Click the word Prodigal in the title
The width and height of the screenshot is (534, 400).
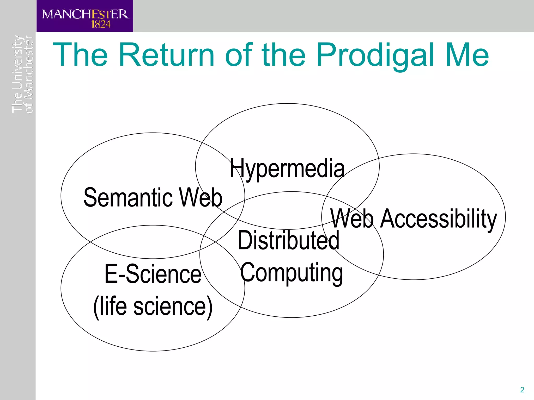coord(375,55)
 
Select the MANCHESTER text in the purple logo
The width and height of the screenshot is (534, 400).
coord(85,14)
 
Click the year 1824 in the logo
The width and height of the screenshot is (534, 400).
coord(101,24)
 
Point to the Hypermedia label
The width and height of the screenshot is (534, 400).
coord(287,168)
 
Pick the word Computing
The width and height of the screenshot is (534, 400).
coord(291,272)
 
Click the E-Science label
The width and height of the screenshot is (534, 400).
coord(153,274)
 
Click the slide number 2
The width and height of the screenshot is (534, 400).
coord(522,390)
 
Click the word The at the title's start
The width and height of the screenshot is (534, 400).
coord(80,55)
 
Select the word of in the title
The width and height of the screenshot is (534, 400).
coord(239,55)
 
